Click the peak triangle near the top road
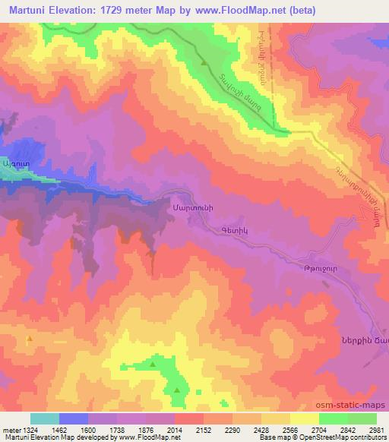point(204,62)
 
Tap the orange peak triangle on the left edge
point(29,339)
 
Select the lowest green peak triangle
point(177,391)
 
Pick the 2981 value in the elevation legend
point(377,430)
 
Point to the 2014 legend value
point(176,430)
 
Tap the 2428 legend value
point(262,430)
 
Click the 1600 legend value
point(88,430)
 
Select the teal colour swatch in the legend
point(45,418)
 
